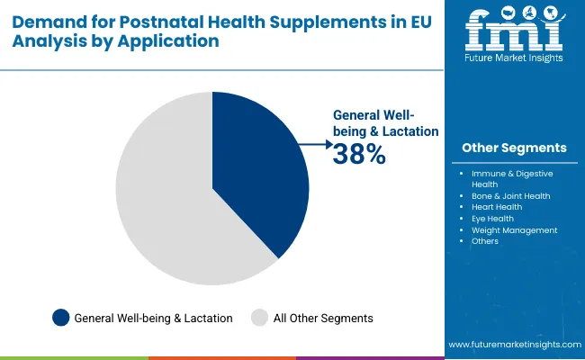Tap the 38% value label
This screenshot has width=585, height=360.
coord(359,155)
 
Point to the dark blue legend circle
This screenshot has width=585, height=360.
coord(61,317)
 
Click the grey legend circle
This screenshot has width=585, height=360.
coord(259,317)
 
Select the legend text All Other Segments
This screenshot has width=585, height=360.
coord(323,318)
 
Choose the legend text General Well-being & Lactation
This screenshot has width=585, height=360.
coord(153,318)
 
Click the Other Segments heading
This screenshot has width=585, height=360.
coord(514,148)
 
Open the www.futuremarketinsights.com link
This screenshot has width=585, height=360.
coord(513,345)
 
